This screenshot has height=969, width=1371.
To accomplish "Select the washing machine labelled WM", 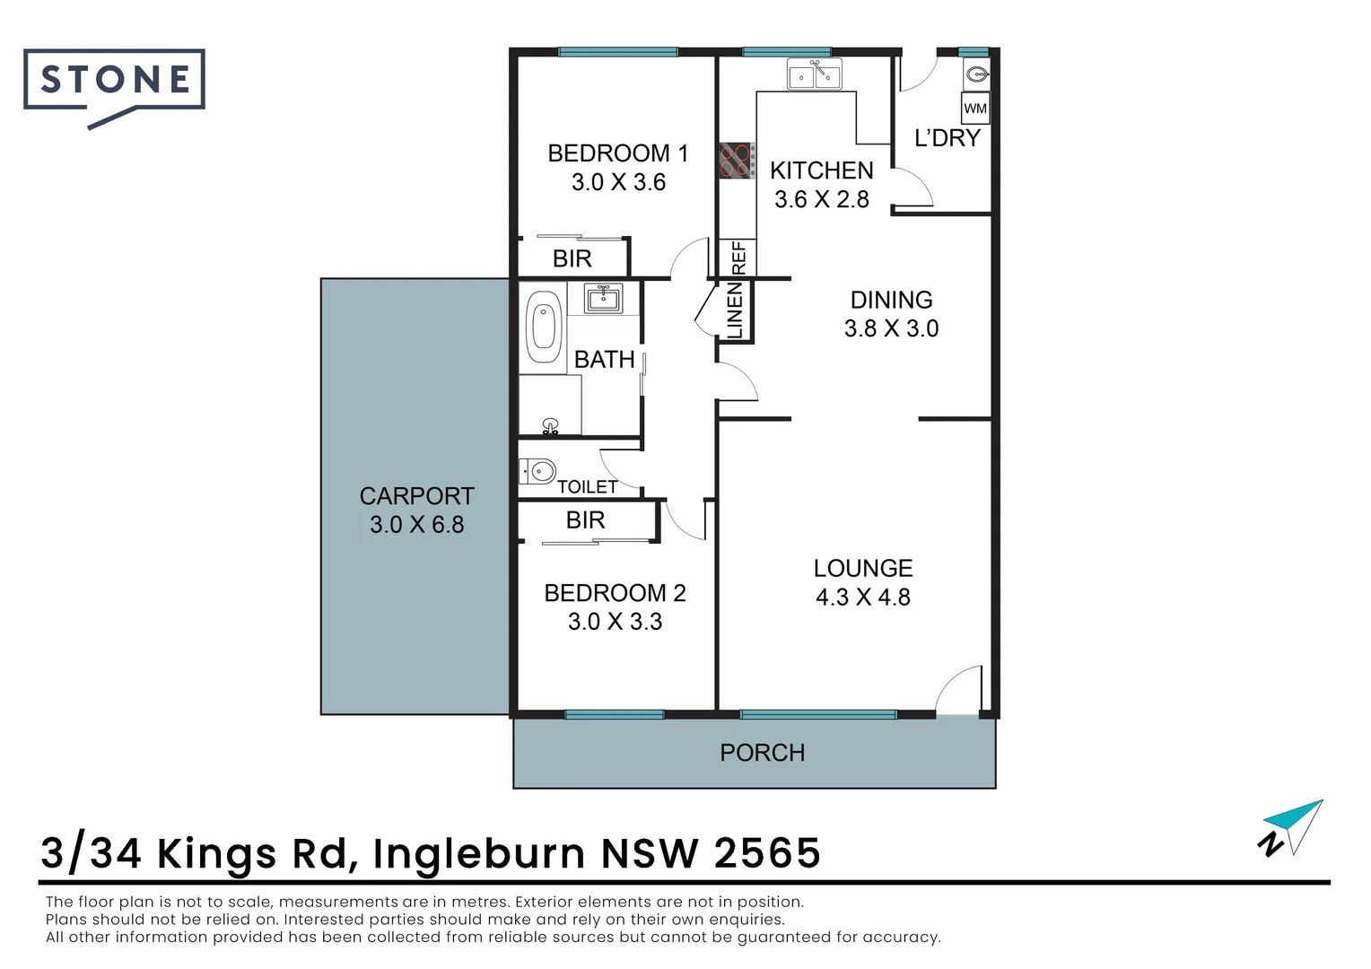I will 975,109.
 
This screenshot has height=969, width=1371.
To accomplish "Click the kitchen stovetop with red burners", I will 736,161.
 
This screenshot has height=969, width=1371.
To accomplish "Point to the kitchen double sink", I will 814,75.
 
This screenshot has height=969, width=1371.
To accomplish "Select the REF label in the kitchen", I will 738,258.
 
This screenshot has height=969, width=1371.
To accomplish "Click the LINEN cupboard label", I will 735,310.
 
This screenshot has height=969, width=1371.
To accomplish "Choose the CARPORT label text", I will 416,496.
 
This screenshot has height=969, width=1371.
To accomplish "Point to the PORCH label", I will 762,753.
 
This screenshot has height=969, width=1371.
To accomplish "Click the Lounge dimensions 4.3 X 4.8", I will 862,598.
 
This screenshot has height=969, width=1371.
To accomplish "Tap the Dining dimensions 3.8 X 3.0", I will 891,328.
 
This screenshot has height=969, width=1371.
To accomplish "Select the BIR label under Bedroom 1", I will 572,259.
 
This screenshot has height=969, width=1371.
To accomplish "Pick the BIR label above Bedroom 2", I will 585,520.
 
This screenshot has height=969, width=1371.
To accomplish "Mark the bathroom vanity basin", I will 603,297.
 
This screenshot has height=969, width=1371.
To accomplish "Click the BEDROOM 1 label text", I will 617,153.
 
